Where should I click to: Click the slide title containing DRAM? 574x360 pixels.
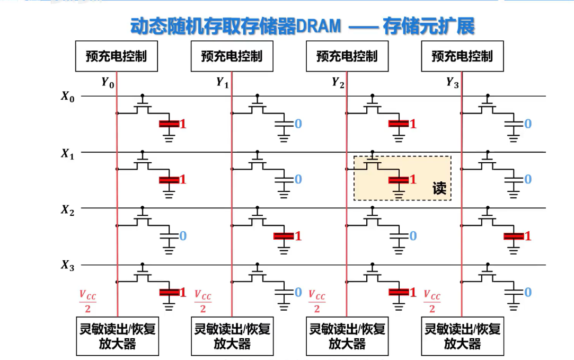tap(302, 27)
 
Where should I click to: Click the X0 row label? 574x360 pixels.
tap(68, 97)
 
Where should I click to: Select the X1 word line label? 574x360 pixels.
tap(68, 154)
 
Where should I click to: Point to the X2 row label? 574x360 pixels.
tap(68, 209)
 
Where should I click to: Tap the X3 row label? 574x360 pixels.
tap(68, 266)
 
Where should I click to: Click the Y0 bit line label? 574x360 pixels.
tap(108, 83)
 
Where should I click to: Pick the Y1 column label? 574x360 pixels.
tap(223, 83)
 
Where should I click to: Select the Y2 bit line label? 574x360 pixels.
tap(338, 83)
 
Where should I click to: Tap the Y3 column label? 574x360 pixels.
tap(453, 83)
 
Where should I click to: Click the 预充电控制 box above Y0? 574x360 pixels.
tap(117, 56)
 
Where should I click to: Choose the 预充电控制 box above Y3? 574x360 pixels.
tap(462, 56)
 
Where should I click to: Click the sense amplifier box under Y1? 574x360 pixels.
tap(232, 336)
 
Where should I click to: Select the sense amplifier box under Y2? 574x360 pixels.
tap(347, 336)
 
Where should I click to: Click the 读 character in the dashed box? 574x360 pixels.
tap(439, 188)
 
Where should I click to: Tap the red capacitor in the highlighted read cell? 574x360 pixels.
tap(399, 180)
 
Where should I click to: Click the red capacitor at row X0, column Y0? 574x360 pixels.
tap(170, 124)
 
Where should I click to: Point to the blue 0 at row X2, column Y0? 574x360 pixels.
tap(183, 236)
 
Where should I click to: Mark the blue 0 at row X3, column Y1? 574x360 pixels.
tap(298, 292)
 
